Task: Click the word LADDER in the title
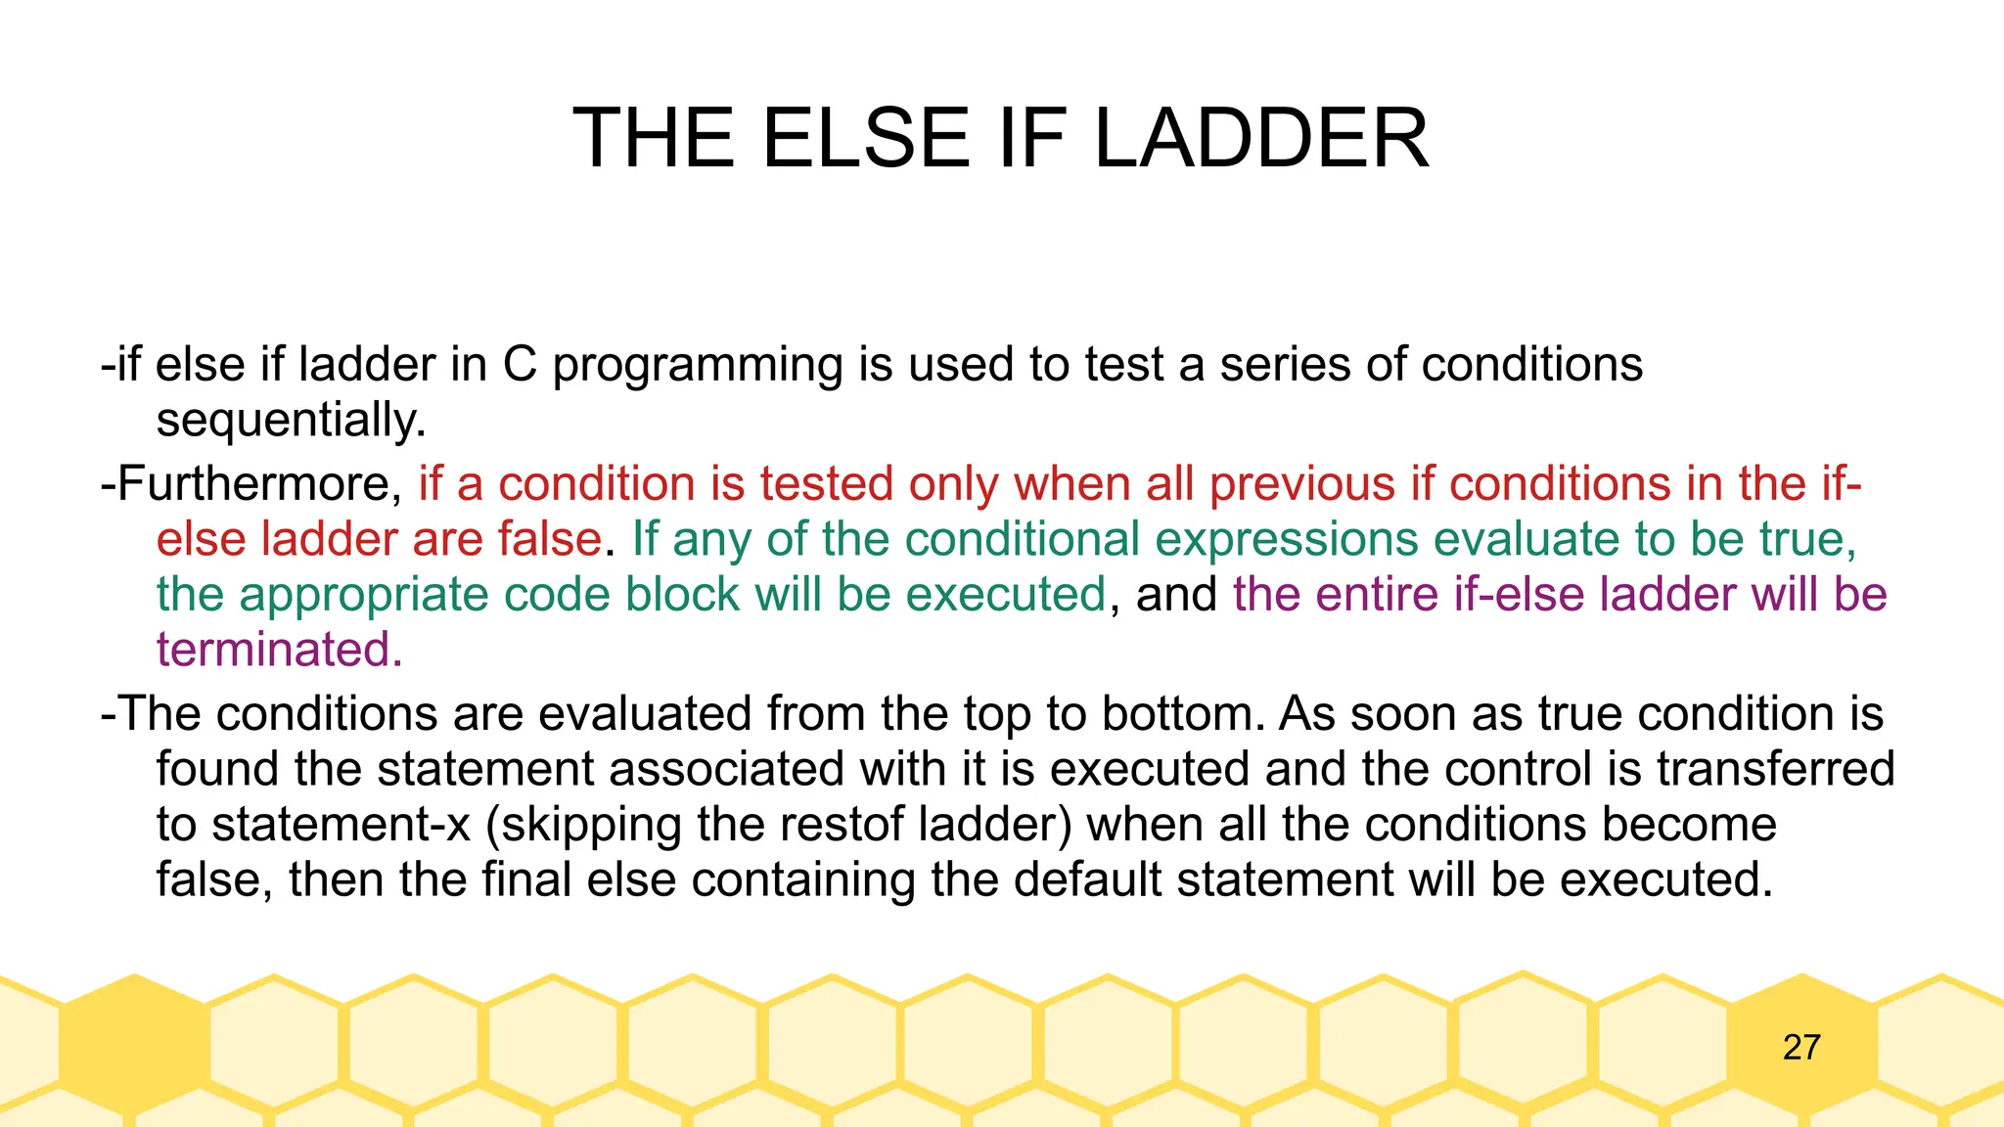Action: click(1260, 139)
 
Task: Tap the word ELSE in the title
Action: click(866, 139)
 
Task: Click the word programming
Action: click(698, 367)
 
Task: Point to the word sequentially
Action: click(291, 422)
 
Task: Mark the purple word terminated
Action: click(279, 650)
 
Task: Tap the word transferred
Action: click(1775, 769)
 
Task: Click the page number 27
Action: click(1801, 1048)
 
